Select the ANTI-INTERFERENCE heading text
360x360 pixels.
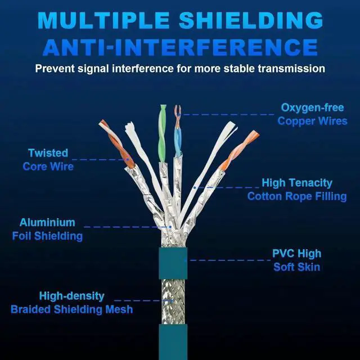[x=180, y=47]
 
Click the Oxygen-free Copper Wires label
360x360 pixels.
[x=312, y=114]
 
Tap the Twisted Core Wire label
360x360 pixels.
[x=48, y=160]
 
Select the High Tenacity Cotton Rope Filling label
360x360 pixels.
[x=297, y=190]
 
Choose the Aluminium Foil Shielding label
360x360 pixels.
[x=47, y=229]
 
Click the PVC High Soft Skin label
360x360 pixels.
[x=296, y=260]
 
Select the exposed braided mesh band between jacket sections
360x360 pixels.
[x=173, y=301]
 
